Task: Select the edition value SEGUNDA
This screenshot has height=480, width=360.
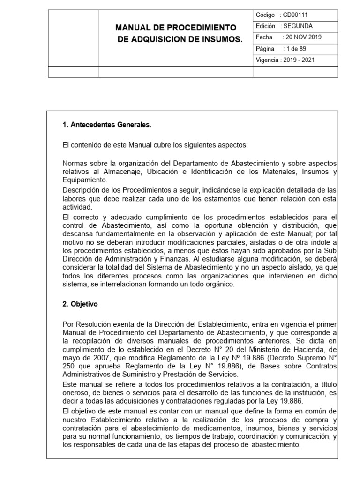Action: coord(297,26)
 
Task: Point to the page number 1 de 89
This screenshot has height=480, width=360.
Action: coord(295,49)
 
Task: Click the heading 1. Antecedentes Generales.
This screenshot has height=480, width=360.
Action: coord(107,125)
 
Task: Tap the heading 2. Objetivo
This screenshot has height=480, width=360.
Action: coord(80,304)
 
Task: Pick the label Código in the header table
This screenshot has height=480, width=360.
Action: coord(265,15)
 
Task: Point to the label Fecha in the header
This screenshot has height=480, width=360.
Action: coord(264,37)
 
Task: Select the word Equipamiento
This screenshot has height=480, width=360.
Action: coord(84,180)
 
